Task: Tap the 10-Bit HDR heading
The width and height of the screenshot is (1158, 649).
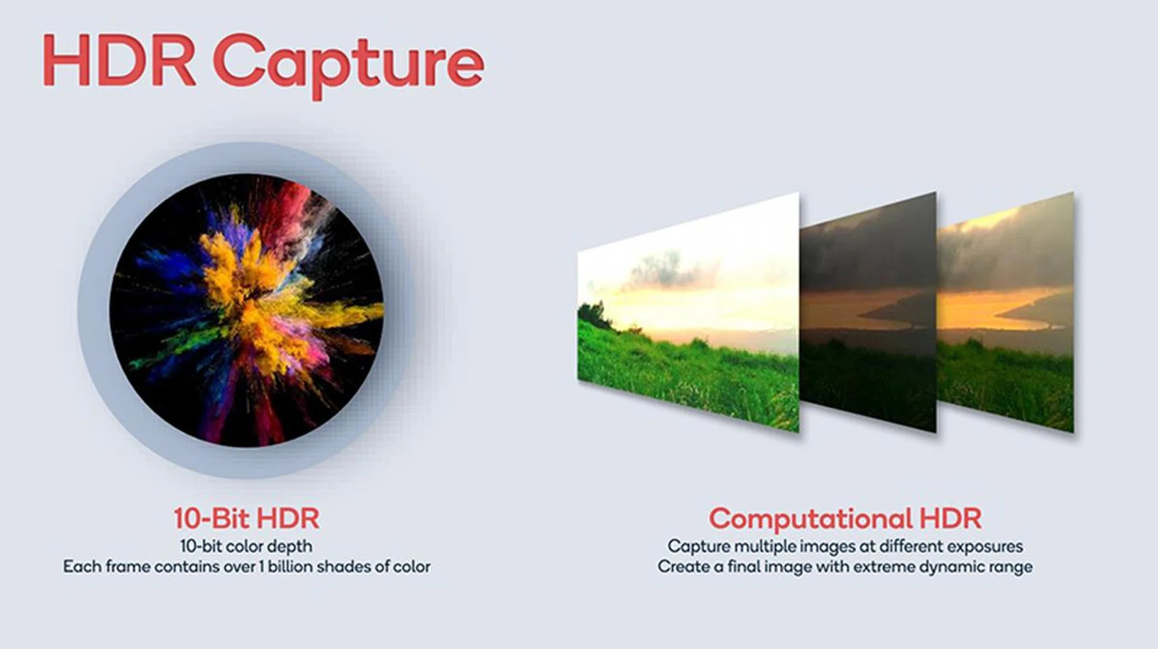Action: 246,518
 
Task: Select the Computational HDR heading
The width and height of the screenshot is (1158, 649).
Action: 845,519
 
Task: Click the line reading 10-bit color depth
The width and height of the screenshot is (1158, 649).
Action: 246,547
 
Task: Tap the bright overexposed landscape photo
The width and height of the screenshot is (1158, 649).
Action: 688,312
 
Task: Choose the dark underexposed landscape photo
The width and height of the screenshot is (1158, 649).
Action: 868,312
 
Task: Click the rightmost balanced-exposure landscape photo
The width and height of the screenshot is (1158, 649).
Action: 1005,312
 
